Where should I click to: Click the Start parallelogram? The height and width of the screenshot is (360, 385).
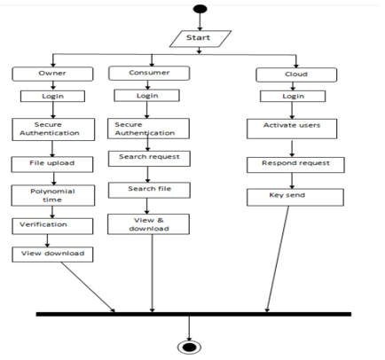200,39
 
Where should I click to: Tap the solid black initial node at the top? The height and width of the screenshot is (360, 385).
200,9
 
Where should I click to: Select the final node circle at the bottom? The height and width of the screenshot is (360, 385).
189,348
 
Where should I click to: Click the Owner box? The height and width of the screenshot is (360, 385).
52,74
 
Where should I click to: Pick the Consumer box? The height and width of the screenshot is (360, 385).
149,74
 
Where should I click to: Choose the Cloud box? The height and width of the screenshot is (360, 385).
296,74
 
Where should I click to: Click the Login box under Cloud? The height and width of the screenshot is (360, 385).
293,97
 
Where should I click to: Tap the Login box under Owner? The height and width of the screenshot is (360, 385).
52,97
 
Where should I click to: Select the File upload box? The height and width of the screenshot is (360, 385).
52,164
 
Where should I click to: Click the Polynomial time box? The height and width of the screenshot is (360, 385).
53,195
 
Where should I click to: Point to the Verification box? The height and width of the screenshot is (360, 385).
52,226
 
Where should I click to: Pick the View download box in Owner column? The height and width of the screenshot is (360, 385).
52,254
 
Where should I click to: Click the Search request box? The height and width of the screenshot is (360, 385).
149,159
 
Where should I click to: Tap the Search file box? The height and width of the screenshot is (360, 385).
149,190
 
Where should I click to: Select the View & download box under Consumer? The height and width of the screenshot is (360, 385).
148,224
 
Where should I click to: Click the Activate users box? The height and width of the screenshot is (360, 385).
292,129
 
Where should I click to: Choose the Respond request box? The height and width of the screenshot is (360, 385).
295,165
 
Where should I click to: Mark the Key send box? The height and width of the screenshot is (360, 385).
295,197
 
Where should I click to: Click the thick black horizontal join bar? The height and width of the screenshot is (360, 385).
193,314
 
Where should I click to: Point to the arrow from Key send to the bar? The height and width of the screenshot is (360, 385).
278,259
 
